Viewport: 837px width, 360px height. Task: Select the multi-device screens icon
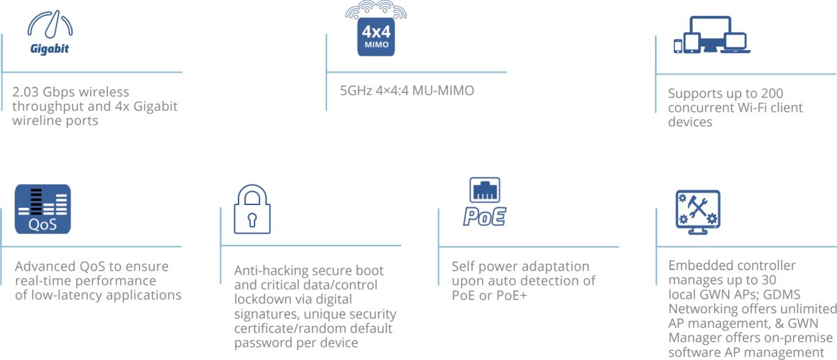[711, 35]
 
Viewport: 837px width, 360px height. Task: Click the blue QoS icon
[43, 209]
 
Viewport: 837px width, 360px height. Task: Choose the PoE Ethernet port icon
[484, 202]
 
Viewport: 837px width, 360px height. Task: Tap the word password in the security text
[263, 343]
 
